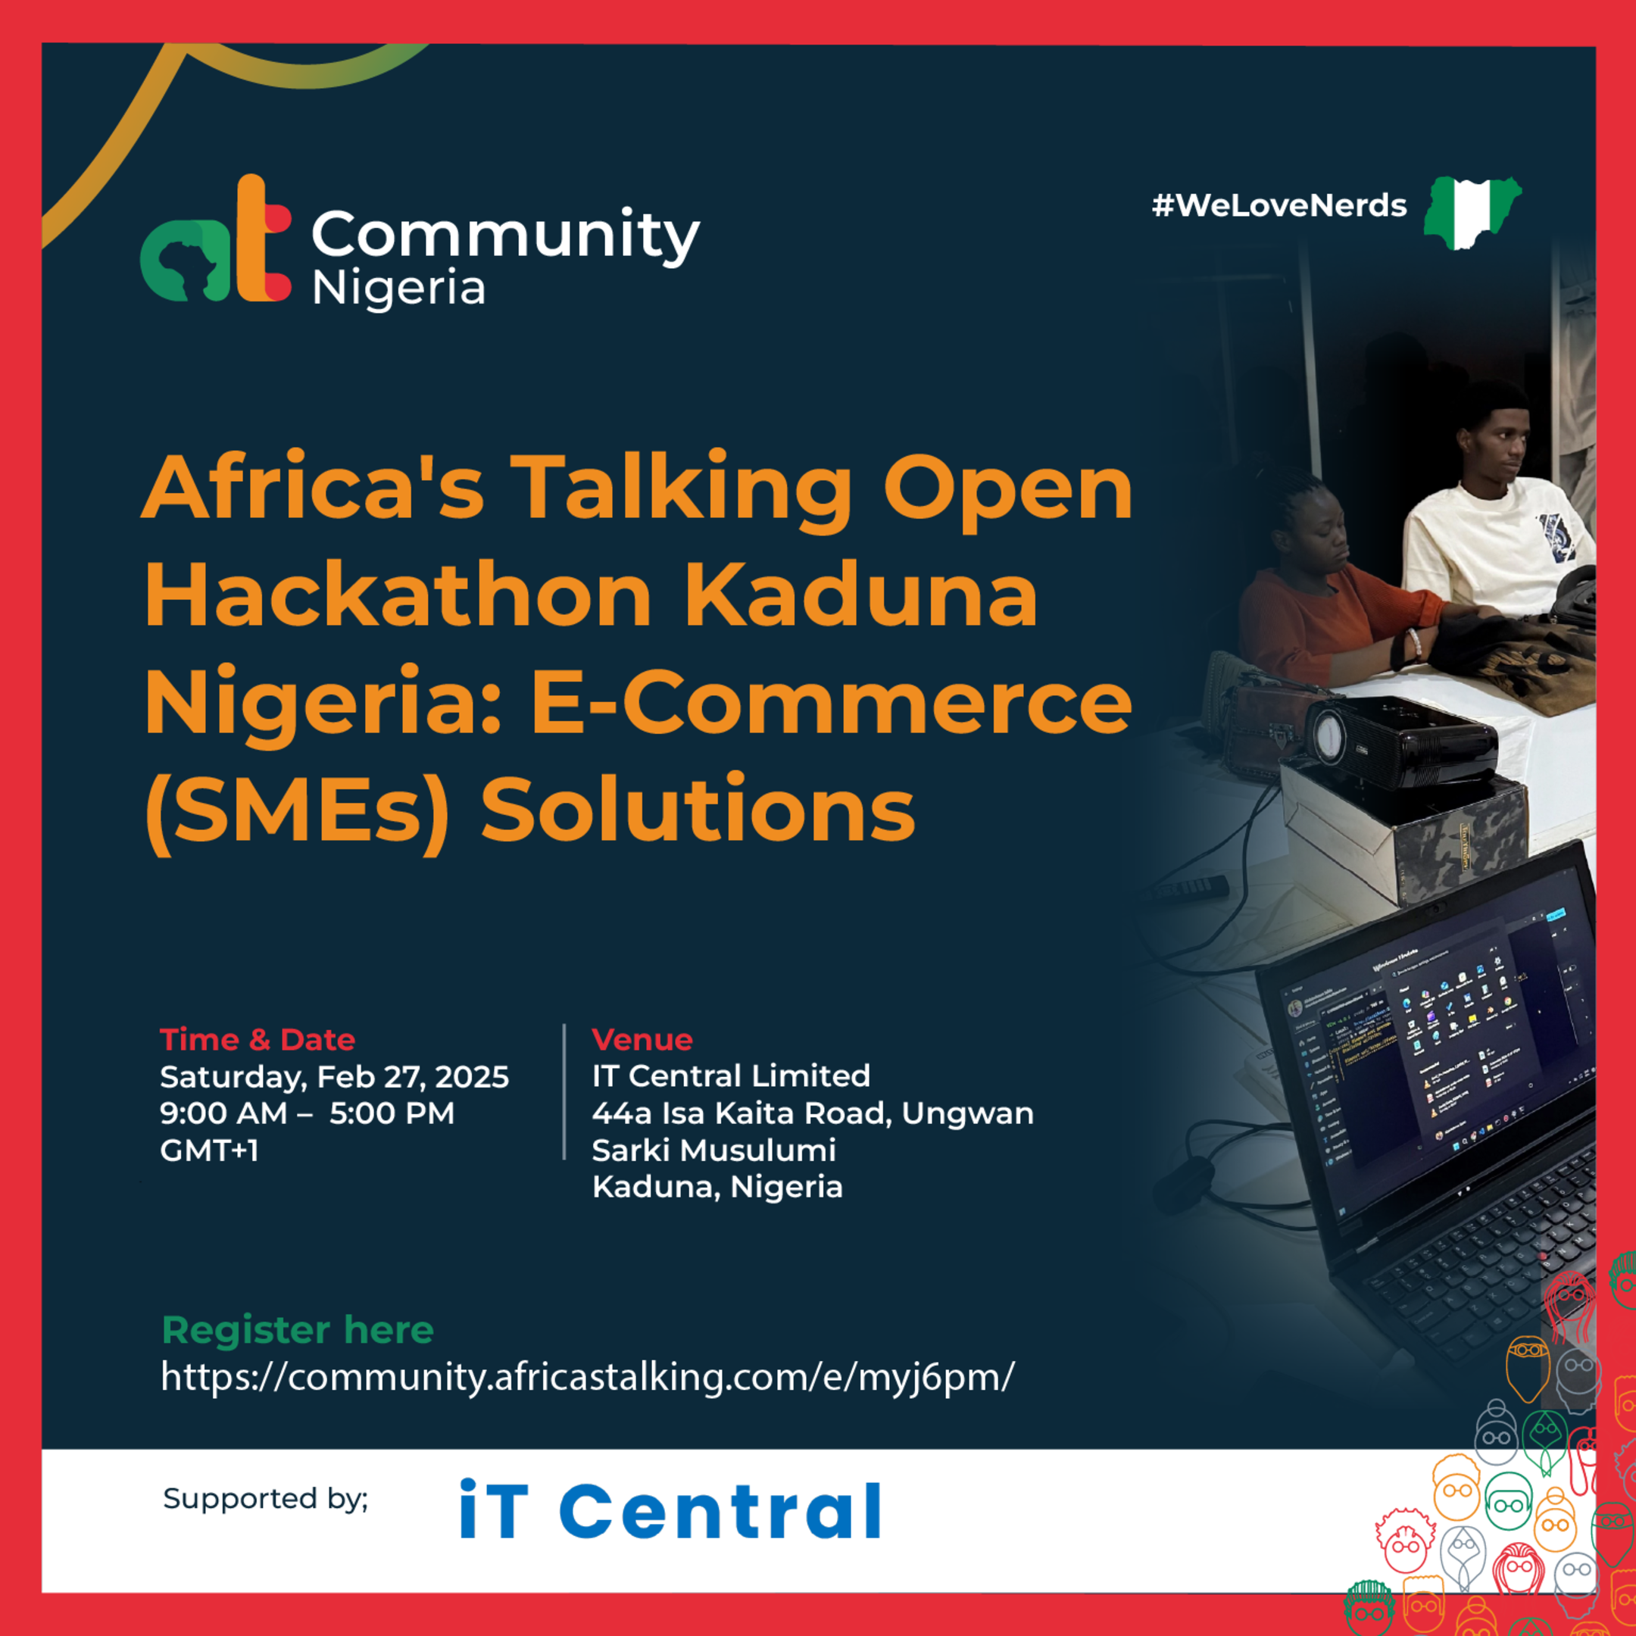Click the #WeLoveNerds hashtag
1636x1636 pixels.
(x=1279, y=206)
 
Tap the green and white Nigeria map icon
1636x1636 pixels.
(x=1472, y=212)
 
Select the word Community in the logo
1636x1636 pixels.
(x=505, y=235)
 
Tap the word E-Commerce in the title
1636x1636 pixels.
(x=831, y=702)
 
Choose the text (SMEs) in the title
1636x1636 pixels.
(x=296, y=810)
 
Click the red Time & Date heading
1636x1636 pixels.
(x=258, y=1039)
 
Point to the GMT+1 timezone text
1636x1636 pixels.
(x=209, y=1150)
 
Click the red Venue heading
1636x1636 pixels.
(x=642, y=1039)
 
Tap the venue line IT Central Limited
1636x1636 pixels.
(x=731, y=1076)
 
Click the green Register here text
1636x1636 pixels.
(x=297, y=1329)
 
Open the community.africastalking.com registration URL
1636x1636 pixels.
(x=587, y=1376)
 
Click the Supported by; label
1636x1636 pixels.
(x=265, y=1498)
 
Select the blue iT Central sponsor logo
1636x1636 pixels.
(x=670, y=1511)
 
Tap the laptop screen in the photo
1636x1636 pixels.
(x=1431, y=1050)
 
